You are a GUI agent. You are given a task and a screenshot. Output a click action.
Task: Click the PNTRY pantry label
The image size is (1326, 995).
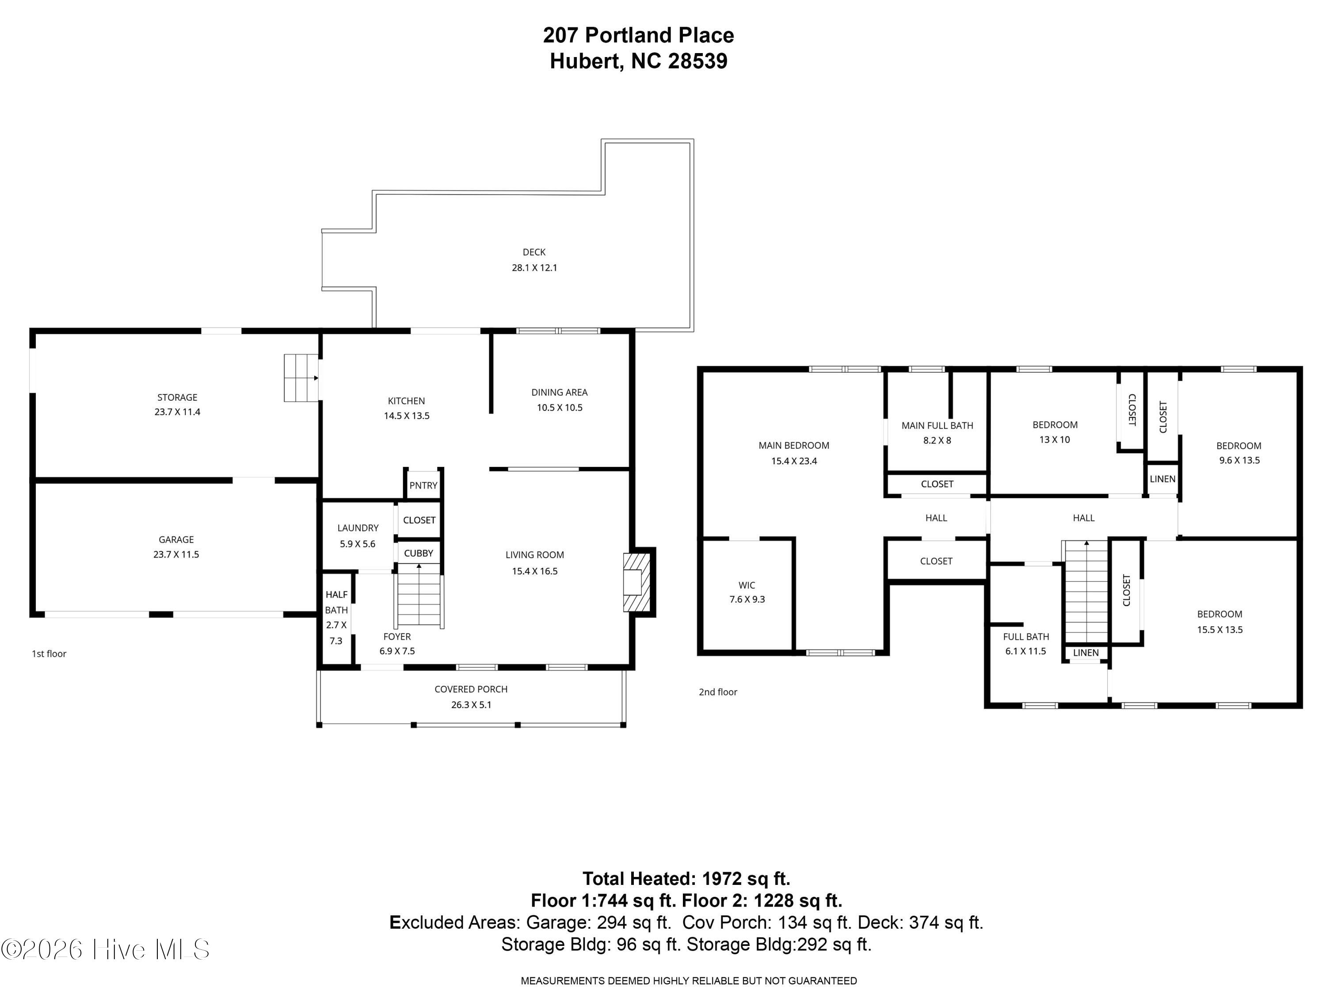423,485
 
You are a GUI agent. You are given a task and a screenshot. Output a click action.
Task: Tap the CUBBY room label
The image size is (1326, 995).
419,553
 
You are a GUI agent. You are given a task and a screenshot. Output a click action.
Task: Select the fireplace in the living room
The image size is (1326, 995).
636,582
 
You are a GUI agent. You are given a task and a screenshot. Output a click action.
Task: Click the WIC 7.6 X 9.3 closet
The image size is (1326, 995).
747,592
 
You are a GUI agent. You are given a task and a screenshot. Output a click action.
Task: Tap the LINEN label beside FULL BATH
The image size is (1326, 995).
1086,653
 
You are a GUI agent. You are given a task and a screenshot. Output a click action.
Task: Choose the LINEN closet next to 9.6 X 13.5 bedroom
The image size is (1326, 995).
1162,478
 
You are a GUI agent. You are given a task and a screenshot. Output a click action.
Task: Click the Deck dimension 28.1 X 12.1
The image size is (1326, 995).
534,268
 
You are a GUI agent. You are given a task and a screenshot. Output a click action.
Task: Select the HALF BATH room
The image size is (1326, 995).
336,618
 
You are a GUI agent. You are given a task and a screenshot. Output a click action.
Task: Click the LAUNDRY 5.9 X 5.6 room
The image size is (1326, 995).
358,536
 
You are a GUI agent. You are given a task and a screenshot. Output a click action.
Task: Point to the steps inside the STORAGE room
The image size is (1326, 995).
300,378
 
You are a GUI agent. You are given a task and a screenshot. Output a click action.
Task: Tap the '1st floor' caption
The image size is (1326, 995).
49,654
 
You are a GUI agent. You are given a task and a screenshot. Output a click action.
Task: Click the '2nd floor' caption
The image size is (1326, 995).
717,692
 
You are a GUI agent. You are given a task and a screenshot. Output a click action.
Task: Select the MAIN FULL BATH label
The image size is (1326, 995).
937,425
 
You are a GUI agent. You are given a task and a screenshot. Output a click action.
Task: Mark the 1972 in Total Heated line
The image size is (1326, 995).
722,879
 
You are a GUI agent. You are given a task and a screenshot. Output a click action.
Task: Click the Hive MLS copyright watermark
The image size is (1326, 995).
106,949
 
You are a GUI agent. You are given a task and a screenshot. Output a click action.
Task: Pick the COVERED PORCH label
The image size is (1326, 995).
471,689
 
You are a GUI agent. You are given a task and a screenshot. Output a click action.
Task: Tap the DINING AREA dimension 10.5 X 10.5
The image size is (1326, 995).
559,407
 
